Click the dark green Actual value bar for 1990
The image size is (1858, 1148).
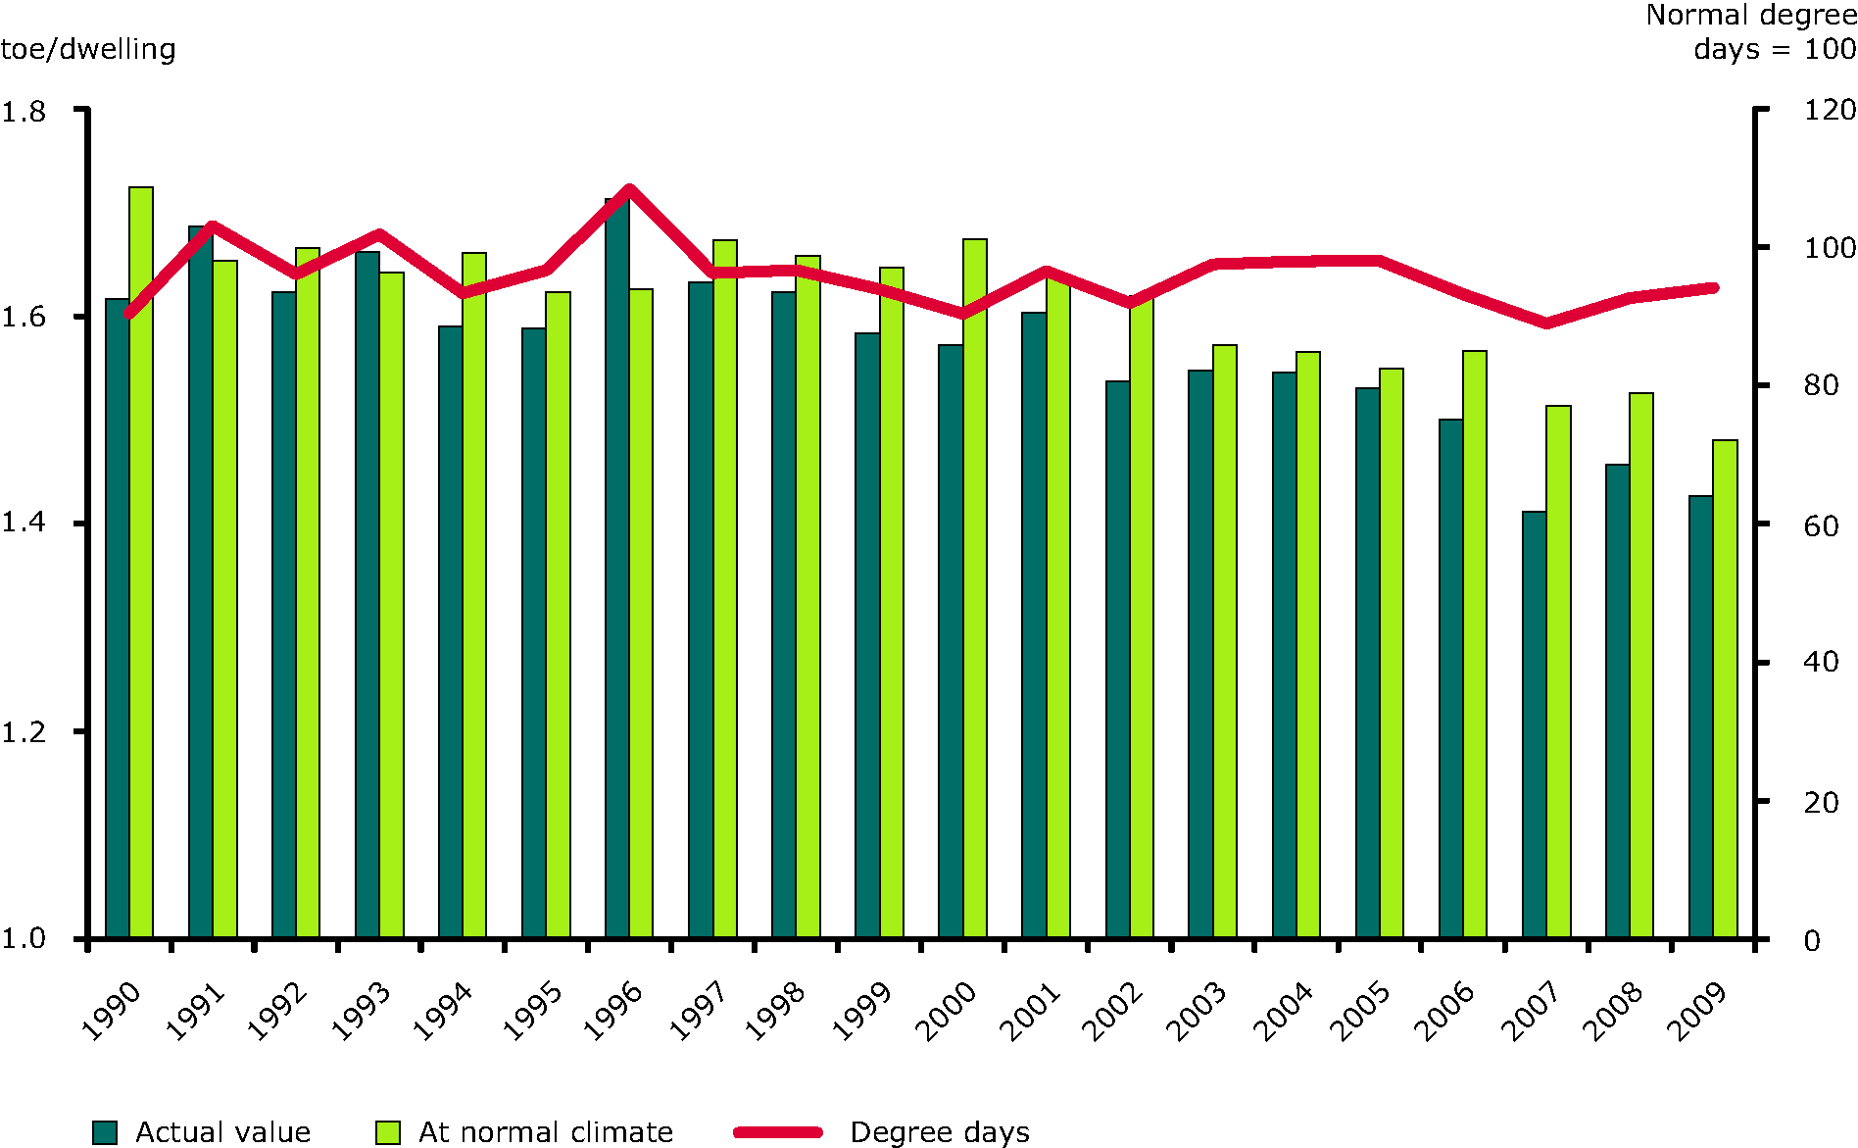(x=117, y=618)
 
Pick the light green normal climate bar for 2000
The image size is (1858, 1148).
(x=975, y=588)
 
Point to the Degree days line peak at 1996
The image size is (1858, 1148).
(x=629, y=188)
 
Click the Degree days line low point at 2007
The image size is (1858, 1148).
(x=1546, y=323)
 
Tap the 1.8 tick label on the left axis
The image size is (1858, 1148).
(x=24, y=112)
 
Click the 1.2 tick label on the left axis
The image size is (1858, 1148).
(x=24, y=732)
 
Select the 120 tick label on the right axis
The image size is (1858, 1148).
(x=1829, y=110)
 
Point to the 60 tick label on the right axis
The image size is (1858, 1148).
(x=1821, y=526)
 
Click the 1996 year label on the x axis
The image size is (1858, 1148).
(x=613, y=1010)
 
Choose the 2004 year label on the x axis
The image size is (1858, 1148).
(x=1283, y=1010)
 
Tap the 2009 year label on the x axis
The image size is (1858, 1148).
(x=1697, y=1010)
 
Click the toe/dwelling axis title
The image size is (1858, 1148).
(x=88, y=49)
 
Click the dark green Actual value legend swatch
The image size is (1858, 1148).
(x=105, y=1132)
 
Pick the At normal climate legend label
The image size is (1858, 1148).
(x=546, y=1132)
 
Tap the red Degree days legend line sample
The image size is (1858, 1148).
(x=778, y=1132)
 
